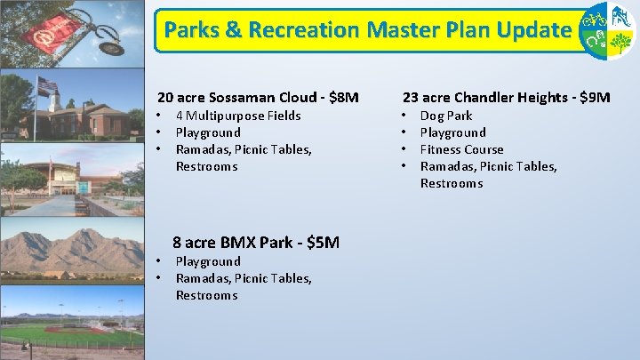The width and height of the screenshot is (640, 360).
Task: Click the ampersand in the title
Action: click(x=233, y=30)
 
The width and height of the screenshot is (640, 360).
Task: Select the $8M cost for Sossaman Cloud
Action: click(x=342, y=97)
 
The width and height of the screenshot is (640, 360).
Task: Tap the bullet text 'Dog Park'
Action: click(x=446, y=116)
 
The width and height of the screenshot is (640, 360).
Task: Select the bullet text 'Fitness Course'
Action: click(x=461, y=149)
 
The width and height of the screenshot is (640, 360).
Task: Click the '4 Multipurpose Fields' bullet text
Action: click(x=238, y=116)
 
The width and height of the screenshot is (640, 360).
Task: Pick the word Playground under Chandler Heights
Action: click(x=452, y=132)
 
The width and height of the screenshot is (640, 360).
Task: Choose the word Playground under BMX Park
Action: click(x=208, y=261)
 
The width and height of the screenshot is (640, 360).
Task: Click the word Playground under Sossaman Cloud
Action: click(x=208, y=132)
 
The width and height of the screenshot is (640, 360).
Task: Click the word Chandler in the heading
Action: click(x=485, y=97)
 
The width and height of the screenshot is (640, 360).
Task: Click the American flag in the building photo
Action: click(x=46, y=85)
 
